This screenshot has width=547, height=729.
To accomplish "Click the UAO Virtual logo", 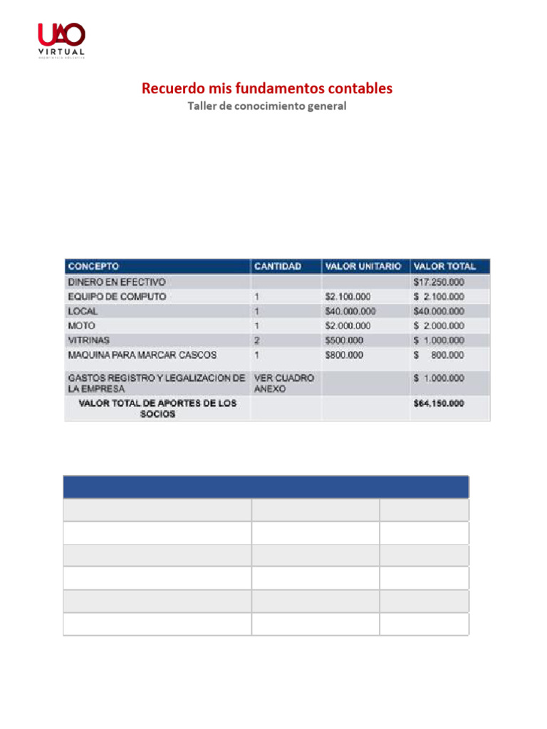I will point(61,41).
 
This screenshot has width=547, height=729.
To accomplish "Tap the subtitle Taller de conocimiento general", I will point(266,106).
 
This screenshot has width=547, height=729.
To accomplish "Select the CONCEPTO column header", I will point(93,267).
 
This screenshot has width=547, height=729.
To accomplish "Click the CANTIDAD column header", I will point(278,267).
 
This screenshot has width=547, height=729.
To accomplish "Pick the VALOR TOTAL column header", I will point(444,267).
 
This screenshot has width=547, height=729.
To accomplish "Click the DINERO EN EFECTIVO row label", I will point(117,282).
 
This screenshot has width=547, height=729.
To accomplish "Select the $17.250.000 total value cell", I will point(439,282).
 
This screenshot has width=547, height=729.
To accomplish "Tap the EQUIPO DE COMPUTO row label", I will point(118,296).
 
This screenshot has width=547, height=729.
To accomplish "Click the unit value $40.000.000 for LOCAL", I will point(350,311).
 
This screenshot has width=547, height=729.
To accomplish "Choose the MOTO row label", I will point(80,325).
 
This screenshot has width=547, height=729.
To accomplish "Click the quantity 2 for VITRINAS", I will point(257,340).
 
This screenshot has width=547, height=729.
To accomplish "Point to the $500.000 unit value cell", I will point(344,340).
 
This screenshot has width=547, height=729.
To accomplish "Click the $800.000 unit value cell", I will point(344,355).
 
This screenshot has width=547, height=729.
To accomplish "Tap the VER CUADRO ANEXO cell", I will point(283,383).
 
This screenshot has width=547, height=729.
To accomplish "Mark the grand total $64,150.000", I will point(439,404).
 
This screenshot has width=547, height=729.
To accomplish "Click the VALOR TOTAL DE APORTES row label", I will point(157,408).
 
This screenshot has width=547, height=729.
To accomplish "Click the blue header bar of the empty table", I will point(266,487).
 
